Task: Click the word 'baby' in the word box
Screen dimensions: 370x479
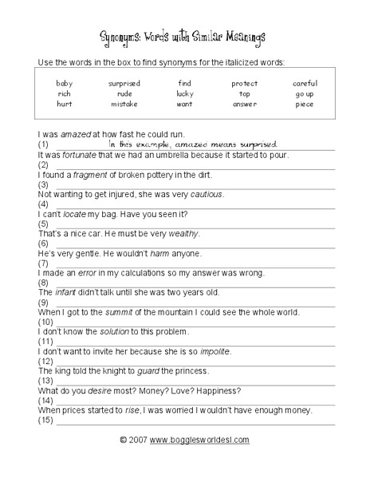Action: click(x=64, y=83)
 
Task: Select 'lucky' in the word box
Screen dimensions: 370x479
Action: click(x=185, y=93)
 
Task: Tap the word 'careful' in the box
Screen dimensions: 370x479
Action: click(x=305, y=83)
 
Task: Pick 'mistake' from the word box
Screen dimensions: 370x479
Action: click(x=124, y=104)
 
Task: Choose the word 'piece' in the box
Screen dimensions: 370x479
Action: click(x=305, y=104)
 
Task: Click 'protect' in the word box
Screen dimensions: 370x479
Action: click(x=245, y=83)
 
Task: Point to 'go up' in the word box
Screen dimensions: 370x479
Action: click(x=305, y=93)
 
